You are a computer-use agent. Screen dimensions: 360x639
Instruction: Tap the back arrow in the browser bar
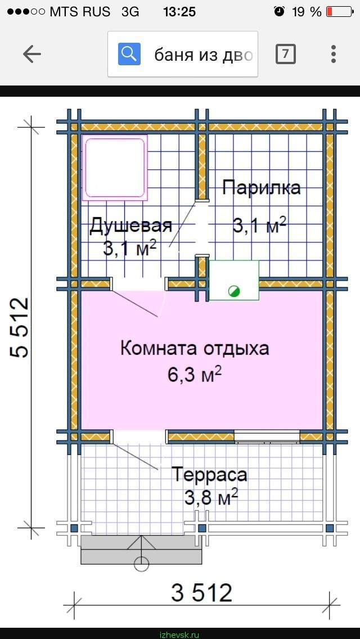point(32,54)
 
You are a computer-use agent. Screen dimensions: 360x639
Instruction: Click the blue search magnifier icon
point(129,54)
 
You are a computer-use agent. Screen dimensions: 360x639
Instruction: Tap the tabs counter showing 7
point(285,54)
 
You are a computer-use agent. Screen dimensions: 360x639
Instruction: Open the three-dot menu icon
point(334,54)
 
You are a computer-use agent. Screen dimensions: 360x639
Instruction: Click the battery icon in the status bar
point(340,11)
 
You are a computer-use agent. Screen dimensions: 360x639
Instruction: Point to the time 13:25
point(179,12)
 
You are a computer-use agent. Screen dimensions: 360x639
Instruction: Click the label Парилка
point(262,188)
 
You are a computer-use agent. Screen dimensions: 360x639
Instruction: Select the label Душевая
point(130,226)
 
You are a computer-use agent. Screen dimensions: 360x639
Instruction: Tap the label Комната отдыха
point(195,349)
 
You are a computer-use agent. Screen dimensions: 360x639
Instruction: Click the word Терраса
point(209,475)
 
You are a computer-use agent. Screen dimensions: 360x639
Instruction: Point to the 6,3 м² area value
point(195,375)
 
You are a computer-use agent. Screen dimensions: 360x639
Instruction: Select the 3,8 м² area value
point(211,498)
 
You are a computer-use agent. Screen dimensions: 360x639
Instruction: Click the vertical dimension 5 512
point(20,327)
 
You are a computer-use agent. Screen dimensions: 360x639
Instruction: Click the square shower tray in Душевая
point(115,168)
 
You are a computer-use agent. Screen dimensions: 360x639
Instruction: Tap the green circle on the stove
point(234,291)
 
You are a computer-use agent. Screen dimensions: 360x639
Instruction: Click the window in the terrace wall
point(267,436)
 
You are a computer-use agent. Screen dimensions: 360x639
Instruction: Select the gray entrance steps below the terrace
point(142,550)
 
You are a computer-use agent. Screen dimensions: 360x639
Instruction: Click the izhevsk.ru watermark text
point(180,635)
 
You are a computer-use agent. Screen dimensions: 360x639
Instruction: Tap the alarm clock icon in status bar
point(279,11)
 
